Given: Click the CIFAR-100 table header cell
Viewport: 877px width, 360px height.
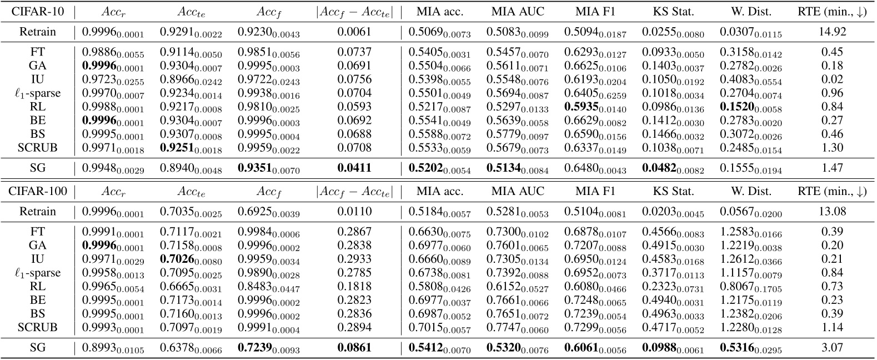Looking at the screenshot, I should pyautogui.click(x=38, y=192).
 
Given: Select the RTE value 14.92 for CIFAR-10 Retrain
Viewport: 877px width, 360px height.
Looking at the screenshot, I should pyautogui.click(x=831, y=32).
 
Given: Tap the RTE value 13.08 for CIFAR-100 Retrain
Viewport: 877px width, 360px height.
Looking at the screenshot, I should pyautogui.click(x=831, y=212).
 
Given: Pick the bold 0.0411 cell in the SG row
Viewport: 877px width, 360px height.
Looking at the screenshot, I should pyautogui.click(x=354, y=168).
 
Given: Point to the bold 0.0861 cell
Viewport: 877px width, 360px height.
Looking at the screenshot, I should pyautogui.click(x=354, y=348).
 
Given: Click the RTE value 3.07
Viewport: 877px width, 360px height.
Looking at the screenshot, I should pyautogui.click(x=831, y=348).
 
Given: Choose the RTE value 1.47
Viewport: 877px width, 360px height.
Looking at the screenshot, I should pyautogui.click(x=831, y=168).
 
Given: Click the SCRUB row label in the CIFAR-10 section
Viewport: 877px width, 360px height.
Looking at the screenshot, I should pyautogui.click(x=38, y=148).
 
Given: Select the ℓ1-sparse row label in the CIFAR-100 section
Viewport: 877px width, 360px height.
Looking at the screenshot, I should pyautogui.click(x=38, y=273).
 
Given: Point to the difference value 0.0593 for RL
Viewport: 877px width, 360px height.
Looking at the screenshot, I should pyautogui.click(x=354, y=107).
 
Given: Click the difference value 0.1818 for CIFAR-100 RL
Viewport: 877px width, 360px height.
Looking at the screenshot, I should pyautogui.click(x=354, y=287).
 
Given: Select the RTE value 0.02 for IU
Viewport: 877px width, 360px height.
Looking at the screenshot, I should pyautogui.click(x=831, y=79).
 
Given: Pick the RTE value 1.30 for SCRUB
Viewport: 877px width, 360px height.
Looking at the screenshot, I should pyautogui.click(x=831, y=148).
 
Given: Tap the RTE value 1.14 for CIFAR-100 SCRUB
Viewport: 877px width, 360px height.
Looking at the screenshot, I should pyautogui.click(x=831, y=328).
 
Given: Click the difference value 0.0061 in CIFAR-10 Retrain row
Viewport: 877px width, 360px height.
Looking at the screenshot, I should pyautogui.click(x=354, y=32).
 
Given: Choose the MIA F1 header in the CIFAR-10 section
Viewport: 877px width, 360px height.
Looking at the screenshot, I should pyautogui.click(x=595, y=12).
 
